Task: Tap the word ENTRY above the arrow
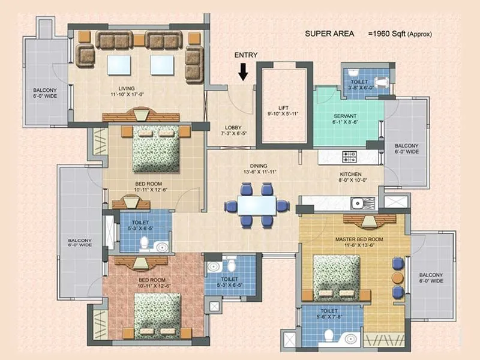point(246,55)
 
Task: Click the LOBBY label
point(233,127)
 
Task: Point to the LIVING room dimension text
point(127,94)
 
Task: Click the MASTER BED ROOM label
point(355,239)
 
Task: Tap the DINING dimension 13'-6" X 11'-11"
point(259,172)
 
